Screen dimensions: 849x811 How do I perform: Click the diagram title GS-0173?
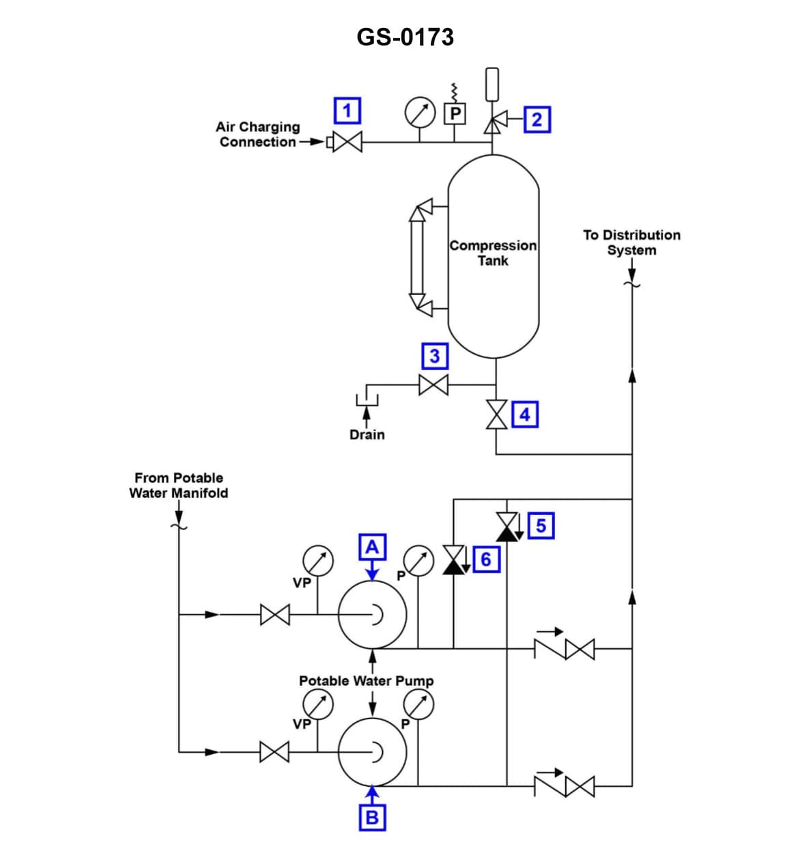click(405, 37)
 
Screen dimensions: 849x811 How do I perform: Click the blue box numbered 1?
click(347, 111)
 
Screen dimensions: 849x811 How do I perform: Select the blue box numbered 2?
click(537, 120)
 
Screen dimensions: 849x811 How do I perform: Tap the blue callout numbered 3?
click(434, 356)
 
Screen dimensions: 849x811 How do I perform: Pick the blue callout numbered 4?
click(525, 414)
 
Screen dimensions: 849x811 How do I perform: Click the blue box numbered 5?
click(541, 525)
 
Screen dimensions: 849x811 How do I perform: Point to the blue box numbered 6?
click(485, 559)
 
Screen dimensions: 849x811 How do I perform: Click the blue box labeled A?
click(372, 547)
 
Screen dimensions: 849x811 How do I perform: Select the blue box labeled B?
click(372, 817)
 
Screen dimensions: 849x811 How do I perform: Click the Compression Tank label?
click(493, 253)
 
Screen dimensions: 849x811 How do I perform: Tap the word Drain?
click(367, 434)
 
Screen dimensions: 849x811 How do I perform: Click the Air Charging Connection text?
click(258, 135)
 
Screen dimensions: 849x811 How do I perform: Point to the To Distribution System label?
click(631, 242)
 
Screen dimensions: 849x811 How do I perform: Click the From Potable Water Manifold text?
click(178, 485)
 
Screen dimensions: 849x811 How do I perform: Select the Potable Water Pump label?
click(366, 681)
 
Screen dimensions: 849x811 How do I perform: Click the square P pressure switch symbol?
click(455, 113)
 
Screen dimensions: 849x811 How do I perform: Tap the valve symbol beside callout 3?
click(433, 385)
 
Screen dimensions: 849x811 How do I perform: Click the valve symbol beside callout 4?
click(496, 414)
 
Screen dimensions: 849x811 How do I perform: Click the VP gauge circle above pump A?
click(317, 560)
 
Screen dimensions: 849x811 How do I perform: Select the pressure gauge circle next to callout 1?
click(420, 113)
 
